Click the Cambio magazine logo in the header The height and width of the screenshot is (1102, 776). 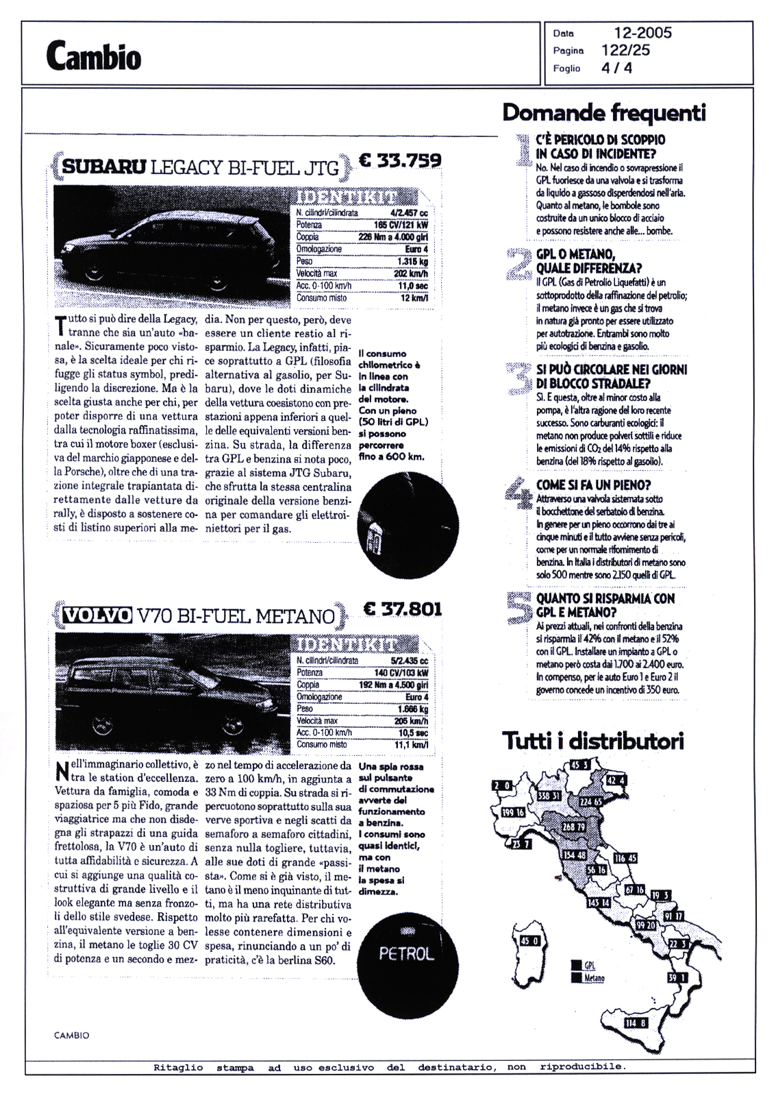pos(94,56)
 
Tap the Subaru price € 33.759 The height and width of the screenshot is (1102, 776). pos(401,160)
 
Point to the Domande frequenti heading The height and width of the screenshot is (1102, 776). pos(603,112)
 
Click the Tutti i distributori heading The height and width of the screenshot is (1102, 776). pos(593,742)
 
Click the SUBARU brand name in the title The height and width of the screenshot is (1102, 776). pos(104,167)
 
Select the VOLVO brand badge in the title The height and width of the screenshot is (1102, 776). pos(97,615)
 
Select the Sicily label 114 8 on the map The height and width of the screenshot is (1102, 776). pos(635,1024)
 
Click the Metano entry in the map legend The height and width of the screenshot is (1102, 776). pos(593,979)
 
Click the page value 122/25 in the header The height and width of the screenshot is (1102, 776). pos(626,50)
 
